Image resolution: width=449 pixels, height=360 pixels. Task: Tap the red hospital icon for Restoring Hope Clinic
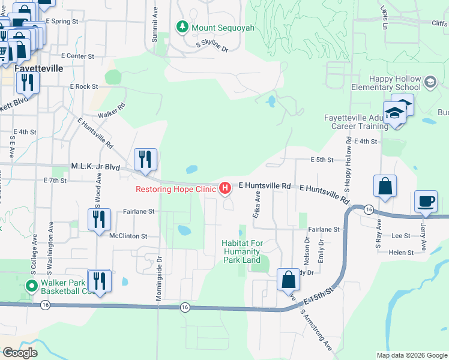pyautogui.click(x=225, y=189)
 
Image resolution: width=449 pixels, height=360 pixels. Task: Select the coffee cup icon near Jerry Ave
pyautogui.click(x=426, y=202)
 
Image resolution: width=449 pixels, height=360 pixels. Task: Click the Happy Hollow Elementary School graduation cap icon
pyautogui.click(x=430, y=82)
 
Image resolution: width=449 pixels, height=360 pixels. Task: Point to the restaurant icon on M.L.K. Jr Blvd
pyautogui.click(x=145, y=160)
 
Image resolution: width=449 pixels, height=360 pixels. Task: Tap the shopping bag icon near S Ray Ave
pyautogui.click(x=384, y=187)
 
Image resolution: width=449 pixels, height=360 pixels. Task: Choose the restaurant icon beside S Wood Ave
pyautogui.click(x=100, y=220)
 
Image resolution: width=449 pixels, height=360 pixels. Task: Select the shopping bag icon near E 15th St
pyautogui.click(x=288, y=280)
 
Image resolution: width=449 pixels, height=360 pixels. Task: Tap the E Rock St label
pyautogui.click(x=83, y=86)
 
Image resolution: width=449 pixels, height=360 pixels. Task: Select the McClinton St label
pyautogui.click(x=128, y=236)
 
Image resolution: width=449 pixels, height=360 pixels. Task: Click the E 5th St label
pyautogui.click(x=322, y=160)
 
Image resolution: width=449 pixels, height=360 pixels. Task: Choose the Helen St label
pyautogui.click(x=401, y=253)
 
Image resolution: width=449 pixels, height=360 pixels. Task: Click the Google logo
pyautogui.click(x=20, y=353)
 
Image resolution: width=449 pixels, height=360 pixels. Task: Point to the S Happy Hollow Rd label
pyautogui.click(x=348, y=160)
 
